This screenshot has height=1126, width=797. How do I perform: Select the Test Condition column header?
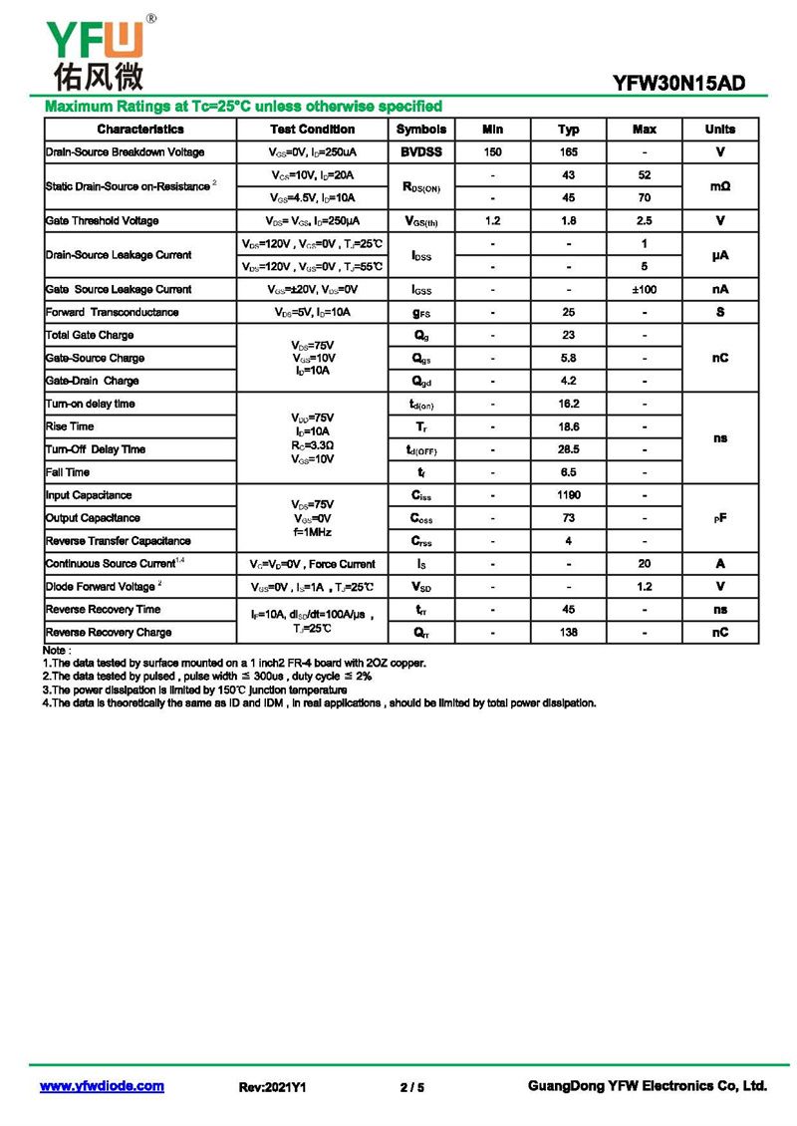pos(312,130)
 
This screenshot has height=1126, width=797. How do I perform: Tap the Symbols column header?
pos(421,130)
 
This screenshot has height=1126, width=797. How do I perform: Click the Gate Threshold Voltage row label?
pos(102,221)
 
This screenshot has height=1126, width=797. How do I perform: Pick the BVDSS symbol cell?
pos(421,152)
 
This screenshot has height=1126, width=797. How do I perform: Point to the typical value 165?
pos(568,152)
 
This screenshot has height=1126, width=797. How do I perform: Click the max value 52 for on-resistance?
pos(645,175)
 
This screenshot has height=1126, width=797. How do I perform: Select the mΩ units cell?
pos(720,186)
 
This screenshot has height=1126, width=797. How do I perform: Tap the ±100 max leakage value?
pos(645,290)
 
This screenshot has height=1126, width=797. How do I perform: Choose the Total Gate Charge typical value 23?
pos(568,336)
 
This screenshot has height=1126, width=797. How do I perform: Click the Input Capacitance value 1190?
pos(568,495)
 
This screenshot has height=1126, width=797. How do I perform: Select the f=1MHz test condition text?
pos(313,533)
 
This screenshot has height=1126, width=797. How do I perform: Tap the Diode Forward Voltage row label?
pos(101,587)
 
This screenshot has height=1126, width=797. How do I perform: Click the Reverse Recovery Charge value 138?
pos(568,633)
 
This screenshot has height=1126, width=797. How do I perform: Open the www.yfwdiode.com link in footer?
pos(102,1086)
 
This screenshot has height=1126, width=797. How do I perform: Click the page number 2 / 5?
pos(411,1087)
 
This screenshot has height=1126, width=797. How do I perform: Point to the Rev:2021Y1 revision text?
pos(272,1087)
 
